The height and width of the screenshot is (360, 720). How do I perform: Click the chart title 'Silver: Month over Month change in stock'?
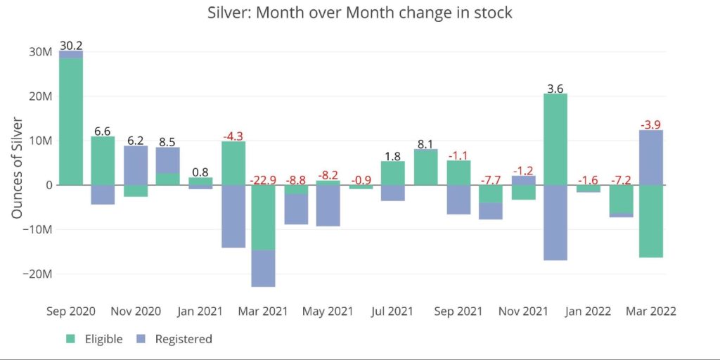pyautogui.click(x=360, y=13)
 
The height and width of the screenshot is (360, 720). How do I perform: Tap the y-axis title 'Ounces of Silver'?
pyautogui.click(x=18, y=167)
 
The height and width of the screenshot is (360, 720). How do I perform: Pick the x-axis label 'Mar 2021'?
pyautogui.click(x=263, y=311)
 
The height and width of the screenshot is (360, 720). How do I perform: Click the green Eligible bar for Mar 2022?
pyautogui.click(x=651, y=221)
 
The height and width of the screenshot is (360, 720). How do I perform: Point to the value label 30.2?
pyautogui.click(x=71, y=46)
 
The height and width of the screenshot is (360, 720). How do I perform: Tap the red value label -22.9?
pyautogui.click(x=263, y=179)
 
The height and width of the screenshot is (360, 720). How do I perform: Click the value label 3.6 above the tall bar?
pyautogui.click(x=555, y=89)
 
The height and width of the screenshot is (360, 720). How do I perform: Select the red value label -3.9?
pyautogui.click(x=651, y=124)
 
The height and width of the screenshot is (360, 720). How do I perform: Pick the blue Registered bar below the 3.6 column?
pyautogui.click(x=555, y=222)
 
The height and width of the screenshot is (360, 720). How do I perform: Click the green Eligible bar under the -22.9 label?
pyautogui.click(x=263, y=217)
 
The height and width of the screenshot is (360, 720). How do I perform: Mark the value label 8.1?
pyautogui.click(x=425, y=144)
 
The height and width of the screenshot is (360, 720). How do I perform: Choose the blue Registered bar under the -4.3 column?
pyautogui.click(x=233, y=216)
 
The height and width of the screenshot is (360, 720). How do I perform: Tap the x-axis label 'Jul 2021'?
pyautogui.click(x=392, y=311)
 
